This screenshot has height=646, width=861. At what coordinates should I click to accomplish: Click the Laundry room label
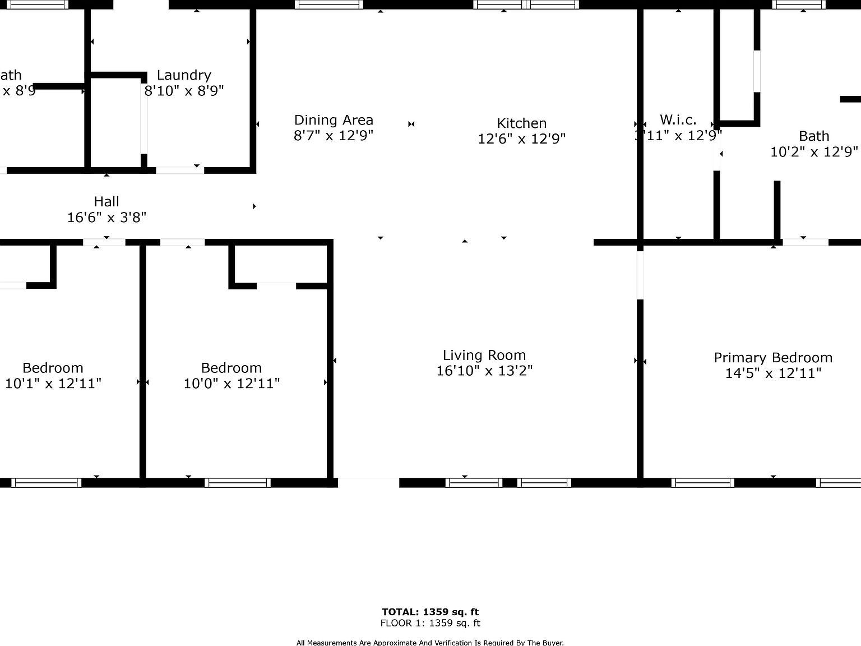(184, 75)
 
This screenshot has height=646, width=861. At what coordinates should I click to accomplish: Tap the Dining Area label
(334, 120)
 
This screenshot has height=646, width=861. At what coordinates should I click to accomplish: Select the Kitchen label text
(521, 123)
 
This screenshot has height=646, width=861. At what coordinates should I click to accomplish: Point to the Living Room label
(484, 355)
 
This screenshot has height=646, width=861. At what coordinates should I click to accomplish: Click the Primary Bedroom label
(773, 358)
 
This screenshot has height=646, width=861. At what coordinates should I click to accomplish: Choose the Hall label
(107, 201)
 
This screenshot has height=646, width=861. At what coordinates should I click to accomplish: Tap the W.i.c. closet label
(678, 119)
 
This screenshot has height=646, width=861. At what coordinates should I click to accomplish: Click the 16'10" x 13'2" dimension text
(484, 371)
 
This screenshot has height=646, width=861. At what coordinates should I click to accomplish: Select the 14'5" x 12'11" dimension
(773, 373)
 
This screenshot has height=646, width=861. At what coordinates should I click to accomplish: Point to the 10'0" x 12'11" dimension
(232, 384)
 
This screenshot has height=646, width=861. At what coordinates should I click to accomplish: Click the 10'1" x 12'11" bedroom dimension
(53, 384)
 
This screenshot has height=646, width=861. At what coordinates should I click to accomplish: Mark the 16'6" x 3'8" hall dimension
(107, 217)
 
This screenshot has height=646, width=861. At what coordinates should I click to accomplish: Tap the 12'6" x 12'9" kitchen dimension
(521, 139)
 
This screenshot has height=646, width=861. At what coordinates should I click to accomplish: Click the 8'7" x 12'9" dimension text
(334, 136)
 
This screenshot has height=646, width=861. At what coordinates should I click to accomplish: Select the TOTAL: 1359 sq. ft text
(430, 612)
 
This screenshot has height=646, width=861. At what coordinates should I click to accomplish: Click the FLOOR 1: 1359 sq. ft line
(430, 623)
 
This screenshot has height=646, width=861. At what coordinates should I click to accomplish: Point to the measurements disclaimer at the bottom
(430, 643)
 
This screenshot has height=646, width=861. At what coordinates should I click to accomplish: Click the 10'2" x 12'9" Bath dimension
(814, 152)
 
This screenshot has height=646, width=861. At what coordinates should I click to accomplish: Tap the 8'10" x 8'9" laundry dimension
(184, 90)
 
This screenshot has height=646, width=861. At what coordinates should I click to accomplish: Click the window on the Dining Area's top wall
(329, 4)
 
